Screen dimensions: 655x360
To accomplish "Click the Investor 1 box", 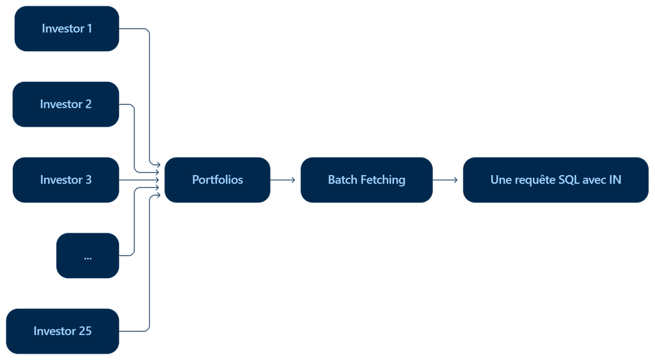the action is point(67,28).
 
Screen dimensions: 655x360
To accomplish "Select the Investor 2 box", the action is point(66,104).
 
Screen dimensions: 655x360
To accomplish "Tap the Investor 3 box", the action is point(66,180).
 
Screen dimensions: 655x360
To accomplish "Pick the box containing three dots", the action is point(88,256).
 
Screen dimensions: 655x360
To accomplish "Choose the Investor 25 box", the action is point(63,331).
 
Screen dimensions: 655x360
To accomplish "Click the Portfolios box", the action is point(217,180).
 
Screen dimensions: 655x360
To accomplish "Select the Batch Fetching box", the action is point(367,180).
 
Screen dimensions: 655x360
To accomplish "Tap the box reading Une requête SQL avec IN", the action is point(556,180).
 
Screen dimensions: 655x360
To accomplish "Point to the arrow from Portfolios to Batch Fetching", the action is point(283,180).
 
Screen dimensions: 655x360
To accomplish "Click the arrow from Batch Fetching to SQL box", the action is point(445,180).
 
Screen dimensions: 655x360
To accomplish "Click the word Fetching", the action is point(383,180).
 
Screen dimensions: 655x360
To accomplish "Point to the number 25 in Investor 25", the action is point(85,331).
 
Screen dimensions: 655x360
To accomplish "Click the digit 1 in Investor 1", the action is point(90,28).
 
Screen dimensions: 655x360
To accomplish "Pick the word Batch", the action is point(343,180).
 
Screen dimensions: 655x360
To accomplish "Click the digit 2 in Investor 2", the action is point(88,104).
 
